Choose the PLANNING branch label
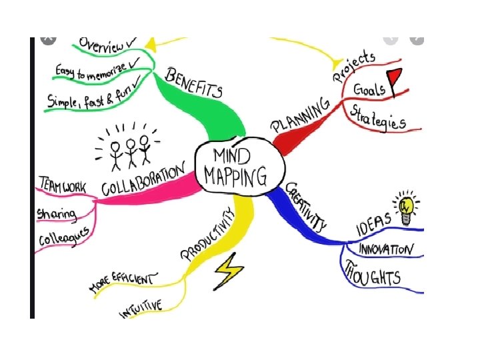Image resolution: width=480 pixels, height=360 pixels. (300, 115)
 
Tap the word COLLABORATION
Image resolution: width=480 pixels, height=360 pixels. (143, 181)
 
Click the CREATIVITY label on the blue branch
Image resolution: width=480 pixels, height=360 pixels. (306, 207)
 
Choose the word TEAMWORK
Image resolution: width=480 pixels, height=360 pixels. (62, 186)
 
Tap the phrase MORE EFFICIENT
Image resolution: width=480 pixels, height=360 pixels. (124, 281)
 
